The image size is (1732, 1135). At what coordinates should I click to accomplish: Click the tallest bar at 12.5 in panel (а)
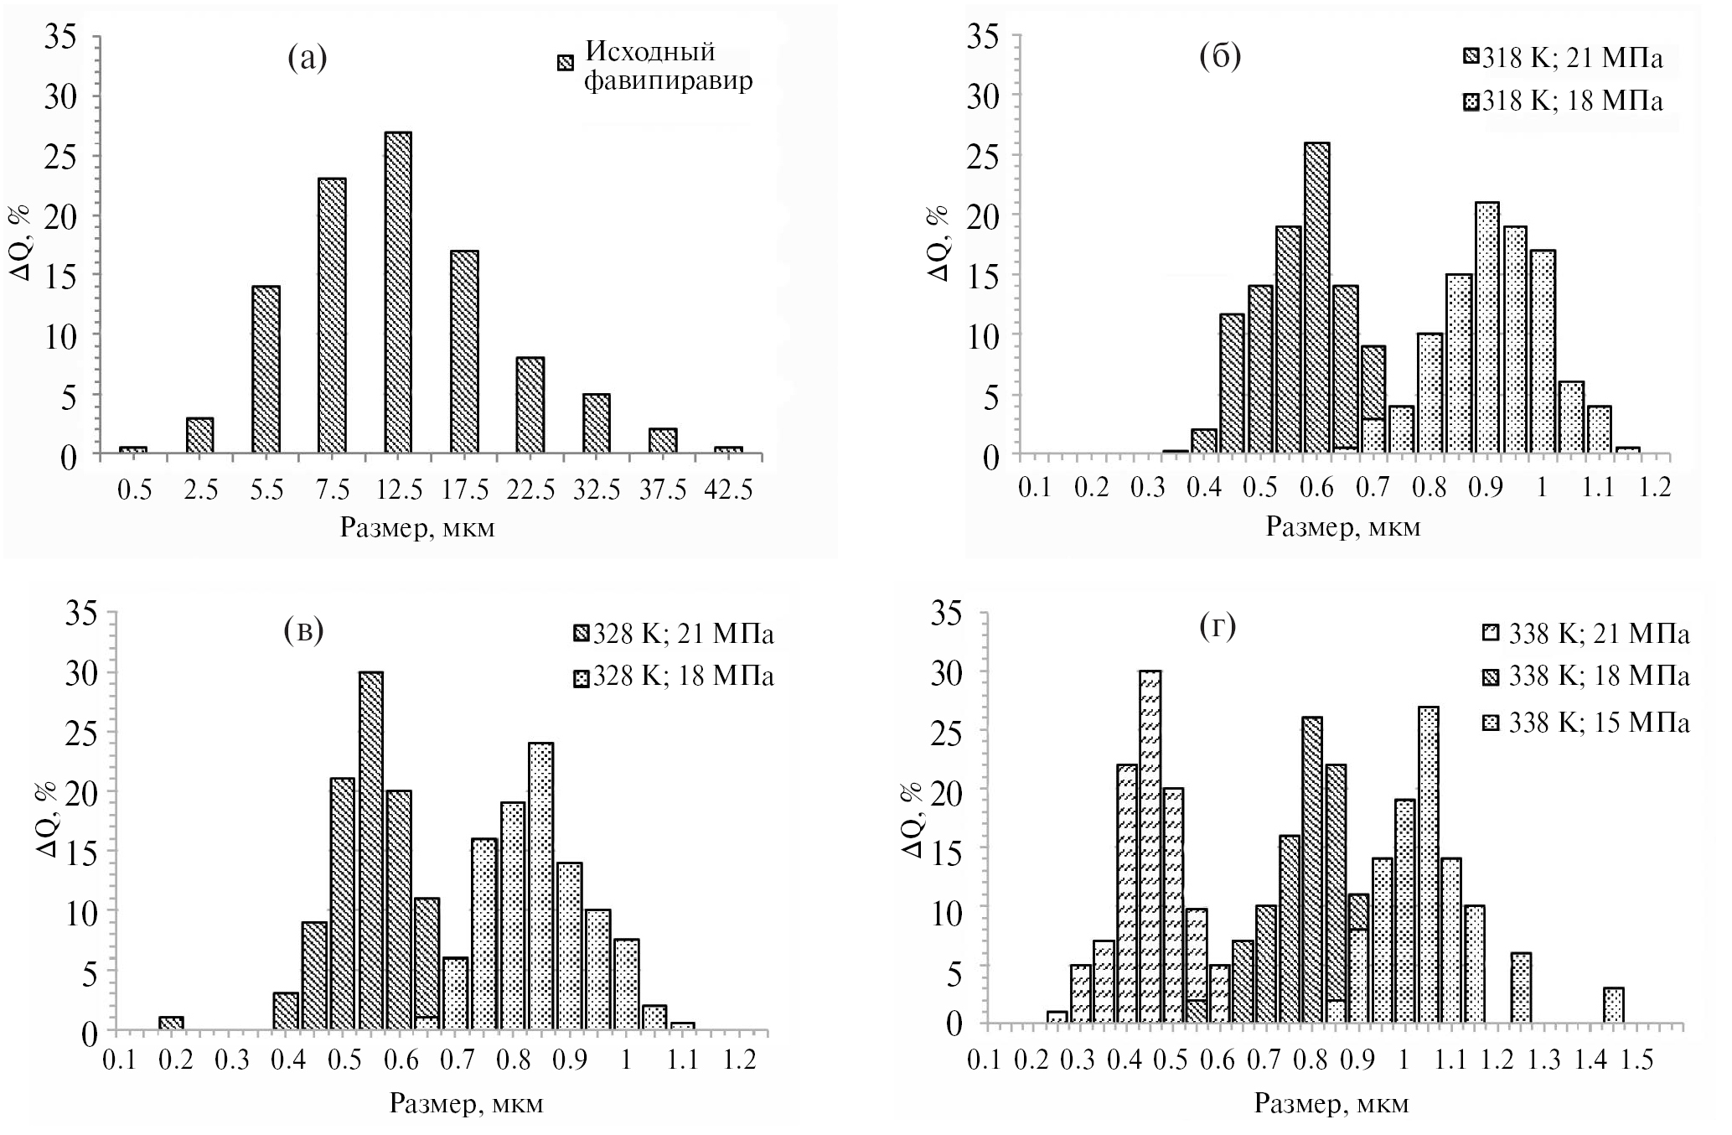[x=398, y=293]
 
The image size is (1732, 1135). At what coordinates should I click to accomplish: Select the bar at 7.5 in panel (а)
[x=332, y=316]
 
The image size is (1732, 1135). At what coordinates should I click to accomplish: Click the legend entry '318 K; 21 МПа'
[x=1564, y=60]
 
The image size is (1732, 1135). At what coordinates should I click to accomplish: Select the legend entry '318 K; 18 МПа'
[x=1564, y=101]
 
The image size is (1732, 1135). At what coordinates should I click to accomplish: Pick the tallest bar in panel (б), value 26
[x=1317, y=298]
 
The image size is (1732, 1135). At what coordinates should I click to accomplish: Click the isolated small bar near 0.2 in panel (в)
[x=171, y=1024]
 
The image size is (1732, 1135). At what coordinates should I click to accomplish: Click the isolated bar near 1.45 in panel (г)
[x=1614, y=1006]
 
